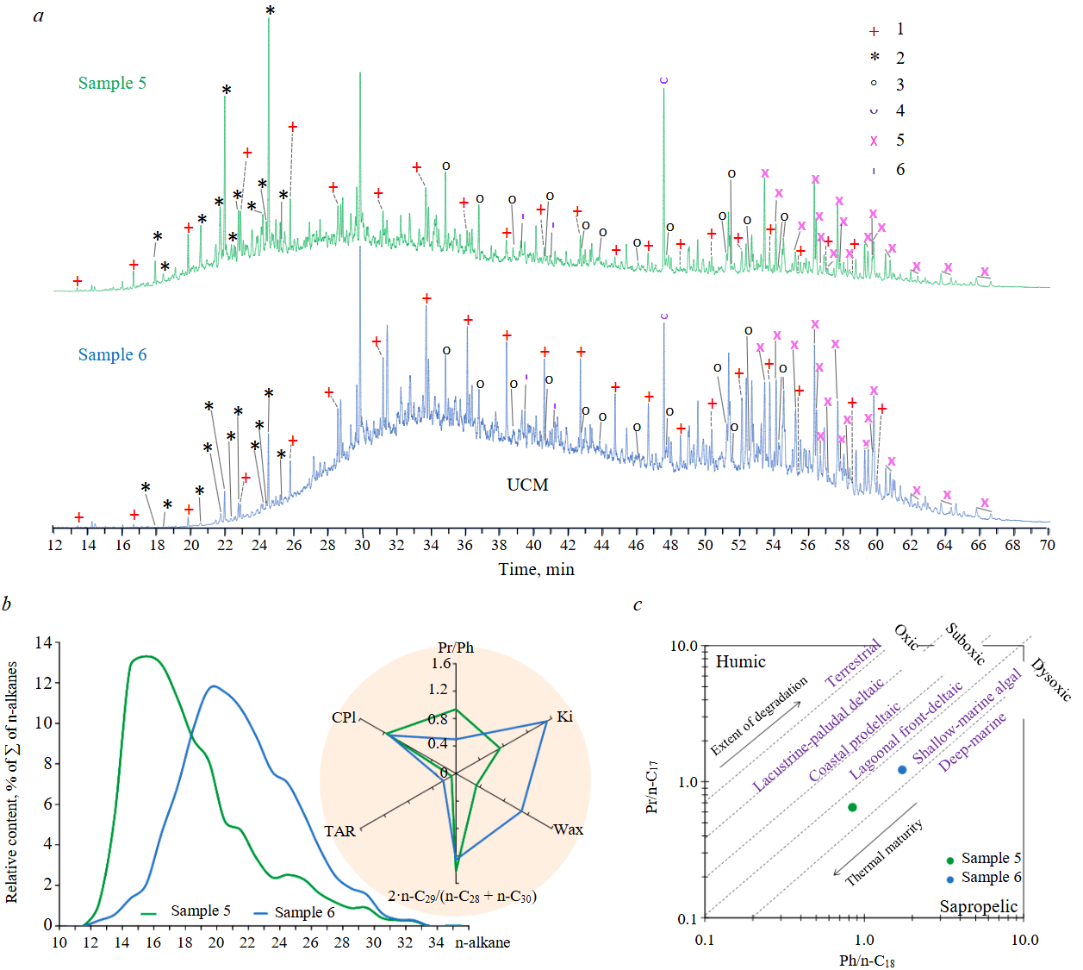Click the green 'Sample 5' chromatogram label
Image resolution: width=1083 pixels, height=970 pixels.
(112, 83)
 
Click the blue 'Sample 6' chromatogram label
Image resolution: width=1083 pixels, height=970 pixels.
(112, 354)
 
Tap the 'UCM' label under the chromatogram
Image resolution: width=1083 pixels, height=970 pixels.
(527, 485)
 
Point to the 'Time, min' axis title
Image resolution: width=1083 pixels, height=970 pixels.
(536, 569)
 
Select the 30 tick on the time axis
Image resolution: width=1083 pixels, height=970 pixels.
(362, 545)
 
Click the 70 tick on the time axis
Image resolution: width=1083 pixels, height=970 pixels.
(1048, 545)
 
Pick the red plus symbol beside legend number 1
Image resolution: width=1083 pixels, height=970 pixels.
(874, 31)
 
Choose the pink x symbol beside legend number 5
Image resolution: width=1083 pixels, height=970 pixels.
(874, 141)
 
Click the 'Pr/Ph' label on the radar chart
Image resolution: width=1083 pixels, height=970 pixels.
(456, 648)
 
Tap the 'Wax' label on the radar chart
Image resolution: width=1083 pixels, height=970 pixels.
(568, 829)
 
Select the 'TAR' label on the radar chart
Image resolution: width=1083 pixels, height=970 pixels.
(339, 831)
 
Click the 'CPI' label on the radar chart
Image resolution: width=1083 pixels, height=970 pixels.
(344, 717)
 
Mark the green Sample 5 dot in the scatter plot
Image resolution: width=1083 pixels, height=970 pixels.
(852, 807)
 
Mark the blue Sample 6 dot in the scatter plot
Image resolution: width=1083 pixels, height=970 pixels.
(902, 770)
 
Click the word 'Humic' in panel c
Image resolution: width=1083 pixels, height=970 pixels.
(740, 661)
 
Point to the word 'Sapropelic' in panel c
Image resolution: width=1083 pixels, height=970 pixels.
(978, 906)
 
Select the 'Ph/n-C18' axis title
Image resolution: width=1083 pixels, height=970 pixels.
(867, 960)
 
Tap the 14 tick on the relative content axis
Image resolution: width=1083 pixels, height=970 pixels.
(43, 642)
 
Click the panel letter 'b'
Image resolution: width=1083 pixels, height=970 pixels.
(7, 604)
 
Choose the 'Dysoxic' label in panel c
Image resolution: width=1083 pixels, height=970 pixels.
(1051, 679)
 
